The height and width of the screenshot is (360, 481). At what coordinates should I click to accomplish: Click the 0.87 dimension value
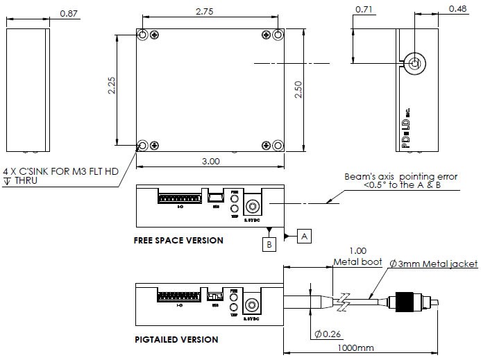pyautogui.click(x=69, y=13)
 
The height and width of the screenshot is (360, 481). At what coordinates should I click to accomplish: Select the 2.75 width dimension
pyautogui.click(x=204, y=11)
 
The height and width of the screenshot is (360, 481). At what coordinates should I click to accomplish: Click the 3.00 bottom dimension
pyautogui.click(x=210, y=160)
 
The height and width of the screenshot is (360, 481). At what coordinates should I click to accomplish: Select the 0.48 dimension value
pyautogui.click(x=457, y=9)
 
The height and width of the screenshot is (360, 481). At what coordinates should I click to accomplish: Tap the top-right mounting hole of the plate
pyautogui.click(x=277, y=35)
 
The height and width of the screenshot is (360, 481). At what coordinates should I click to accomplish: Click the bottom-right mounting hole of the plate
pyautogui.click(x=277, y=145)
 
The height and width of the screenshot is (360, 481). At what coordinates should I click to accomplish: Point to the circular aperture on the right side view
pyautogui.click(x=415, y=64)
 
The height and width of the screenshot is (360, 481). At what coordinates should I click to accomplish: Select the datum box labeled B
pyautogui.click(x=268, y=245)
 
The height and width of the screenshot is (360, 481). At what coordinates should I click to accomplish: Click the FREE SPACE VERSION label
pyautogui.click(x=178, y=241)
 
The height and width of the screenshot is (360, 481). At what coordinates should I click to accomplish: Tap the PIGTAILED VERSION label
pyautogui.click(x=176, y=340)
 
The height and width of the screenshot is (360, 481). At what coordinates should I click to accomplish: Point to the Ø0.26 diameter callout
pyautogui.click(x=327, y=334)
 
